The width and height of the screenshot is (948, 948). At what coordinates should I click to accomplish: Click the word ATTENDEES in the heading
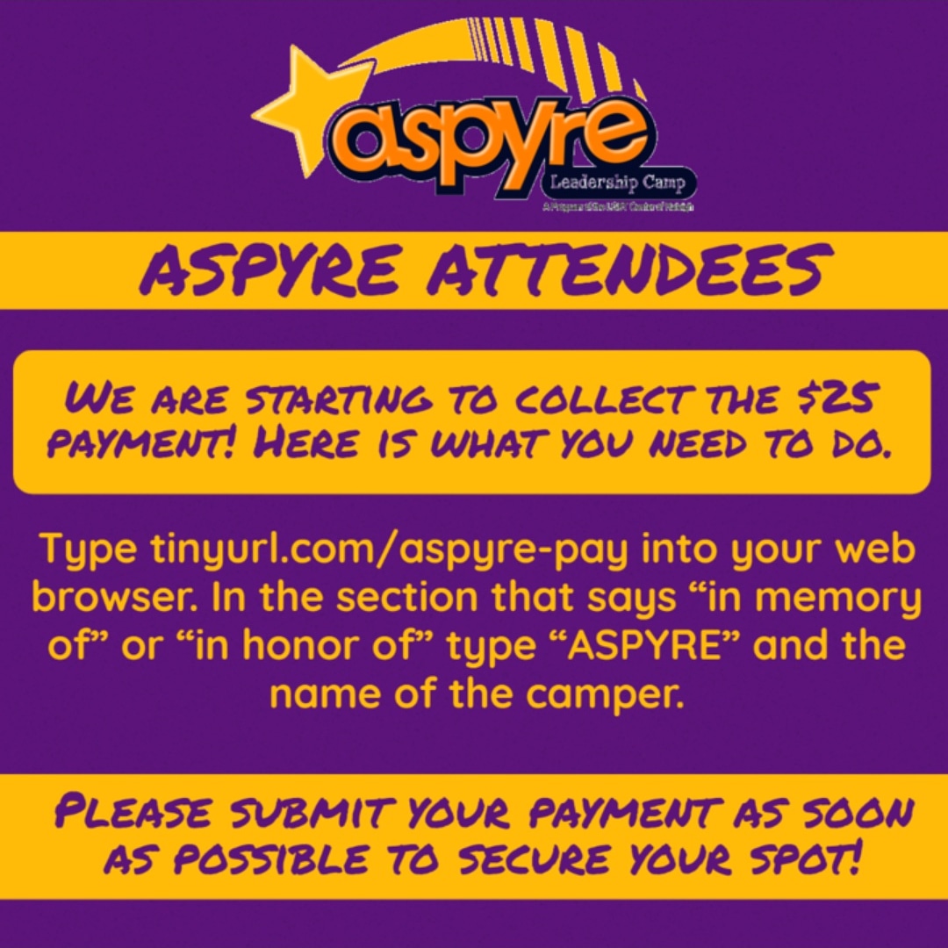click(x=624, y=269)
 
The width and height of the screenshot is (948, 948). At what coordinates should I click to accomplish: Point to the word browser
click(x=113, y=598)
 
